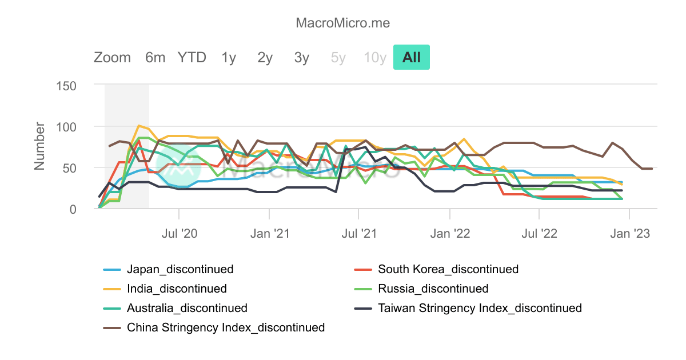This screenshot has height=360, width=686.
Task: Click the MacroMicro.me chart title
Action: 342,23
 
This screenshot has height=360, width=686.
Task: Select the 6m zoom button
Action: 155,58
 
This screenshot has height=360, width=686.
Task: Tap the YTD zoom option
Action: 192,58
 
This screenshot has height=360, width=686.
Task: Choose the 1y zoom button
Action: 229,58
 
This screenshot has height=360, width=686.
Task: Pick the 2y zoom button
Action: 265,58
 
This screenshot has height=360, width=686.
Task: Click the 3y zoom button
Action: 302,58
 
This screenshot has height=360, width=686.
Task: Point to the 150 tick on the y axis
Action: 67,85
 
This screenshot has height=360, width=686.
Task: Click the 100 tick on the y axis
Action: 67,126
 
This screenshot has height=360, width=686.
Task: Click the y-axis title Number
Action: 39,146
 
